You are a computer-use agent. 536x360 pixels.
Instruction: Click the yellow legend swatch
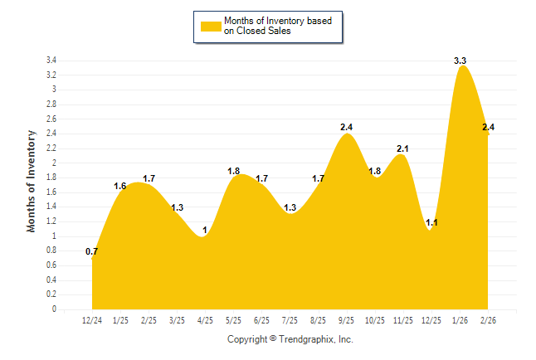click(x=211, y=27)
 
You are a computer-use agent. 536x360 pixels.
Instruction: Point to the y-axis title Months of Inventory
click(x=32, y=180)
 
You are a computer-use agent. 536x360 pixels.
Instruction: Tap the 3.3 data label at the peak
click(x=460, y=61)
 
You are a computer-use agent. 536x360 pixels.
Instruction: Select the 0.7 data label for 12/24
click(x=92, y=251)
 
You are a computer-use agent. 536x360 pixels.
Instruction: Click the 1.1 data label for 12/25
click(x=431, y=222)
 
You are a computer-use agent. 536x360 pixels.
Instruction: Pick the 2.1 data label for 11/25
click(x=403, y=148)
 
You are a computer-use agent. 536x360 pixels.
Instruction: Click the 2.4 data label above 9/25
click(x=347, y=127)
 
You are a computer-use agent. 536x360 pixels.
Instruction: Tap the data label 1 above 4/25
click(x=204, y=229)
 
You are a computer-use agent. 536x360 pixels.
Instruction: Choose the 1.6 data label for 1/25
click(x=120, y=186)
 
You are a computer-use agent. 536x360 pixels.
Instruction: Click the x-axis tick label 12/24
click(x=92, y=320)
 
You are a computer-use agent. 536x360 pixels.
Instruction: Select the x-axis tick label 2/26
click(x=489, y=320)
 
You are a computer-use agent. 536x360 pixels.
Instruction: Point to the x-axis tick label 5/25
click(x=234, y=320)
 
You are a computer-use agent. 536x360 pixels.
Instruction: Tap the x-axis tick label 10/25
click(x=375, y=320)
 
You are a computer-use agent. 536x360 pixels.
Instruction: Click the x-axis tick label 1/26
click(x=460, y=320)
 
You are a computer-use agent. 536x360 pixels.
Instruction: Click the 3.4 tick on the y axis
click(x=51, y=61)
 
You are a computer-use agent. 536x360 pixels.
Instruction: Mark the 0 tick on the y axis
click(x=54, y=309)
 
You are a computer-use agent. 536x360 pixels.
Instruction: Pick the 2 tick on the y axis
click(x=54, y=163)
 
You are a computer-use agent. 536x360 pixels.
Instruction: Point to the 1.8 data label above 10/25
click(x=375, y=171)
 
